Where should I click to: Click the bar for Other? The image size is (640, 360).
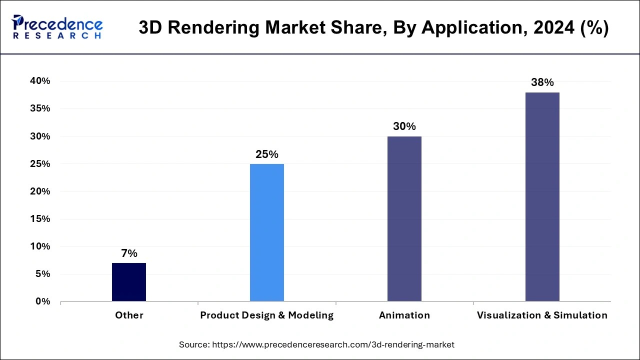(x=129, y=282)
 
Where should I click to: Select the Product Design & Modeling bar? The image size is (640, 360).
(x=267, y=232)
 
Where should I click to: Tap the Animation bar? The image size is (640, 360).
(x=404, y=218)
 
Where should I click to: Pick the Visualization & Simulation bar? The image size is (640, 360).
(x=542, y=196)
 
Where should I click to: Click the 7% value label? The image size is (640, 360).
(x=129, y=253)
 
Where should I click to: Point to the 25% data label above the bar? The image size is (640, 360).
(x=267, y=154)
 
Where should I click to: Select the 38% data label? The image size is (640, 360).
(x=542, y=82)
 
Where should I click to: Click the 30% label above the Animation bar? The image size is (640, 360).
(x=404, y=126)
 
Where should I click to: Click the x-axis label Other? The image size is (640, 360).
(x=129, y=315)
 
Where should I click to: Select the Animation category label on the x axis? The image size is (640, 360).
(x=404, y=315)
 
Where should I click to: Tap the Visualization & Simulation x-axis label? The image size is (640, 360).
(x=542, y=315)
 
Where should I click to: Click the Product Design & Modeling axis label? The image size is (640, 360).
(x=267, y=315)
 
